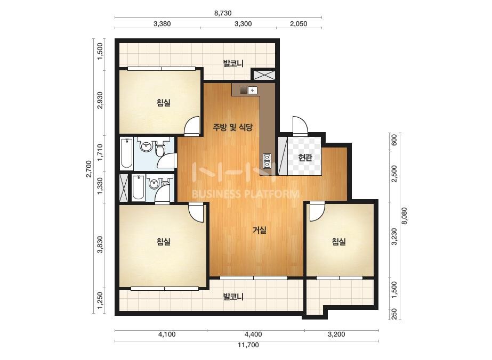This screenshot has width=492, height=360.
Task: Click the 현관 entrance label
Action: (305, 157)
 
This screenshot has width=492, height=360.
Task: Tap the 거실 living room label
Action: (260, 230)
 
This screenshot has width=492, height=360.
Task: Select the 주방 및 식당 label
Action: (232, 127)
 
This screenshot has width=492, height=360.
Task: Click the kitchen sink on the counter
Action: (248, 90)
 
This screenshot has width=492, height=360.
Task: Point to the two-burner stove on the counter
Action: (267, 160)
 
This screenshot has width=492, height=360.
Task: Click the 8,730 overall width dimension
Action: (222, 13)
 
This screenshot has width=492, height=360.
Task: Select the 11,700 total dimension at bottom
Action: (248, 345)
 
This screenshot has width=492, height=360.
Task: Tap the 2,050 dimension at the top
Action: (299, 24)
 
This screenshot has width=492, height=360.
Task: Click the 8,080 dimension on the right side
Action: (404, 216)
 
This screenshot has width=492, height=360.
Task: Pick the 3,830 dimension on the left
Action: (100, 244)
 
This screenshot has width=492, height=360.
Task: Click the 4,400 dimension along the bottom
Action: (253, 334)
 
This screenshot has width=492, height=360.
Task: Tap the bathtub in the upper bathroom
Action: (127, 153)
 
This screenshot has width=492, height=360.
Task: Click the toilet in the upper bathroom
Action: (160, 149)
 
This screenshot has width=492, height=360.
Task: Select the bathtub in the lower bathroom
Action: (138, 187)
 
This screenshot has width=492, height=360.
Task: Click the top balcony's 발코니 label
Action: (233, 63)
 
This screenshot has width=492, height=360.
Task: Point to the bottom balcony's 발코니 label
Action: (233, 296)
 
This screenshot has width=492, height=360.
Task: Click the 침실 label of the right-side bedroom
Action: (339, 241)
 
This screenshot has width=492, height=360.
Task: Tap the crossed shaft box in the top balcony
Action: (263, 75)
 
